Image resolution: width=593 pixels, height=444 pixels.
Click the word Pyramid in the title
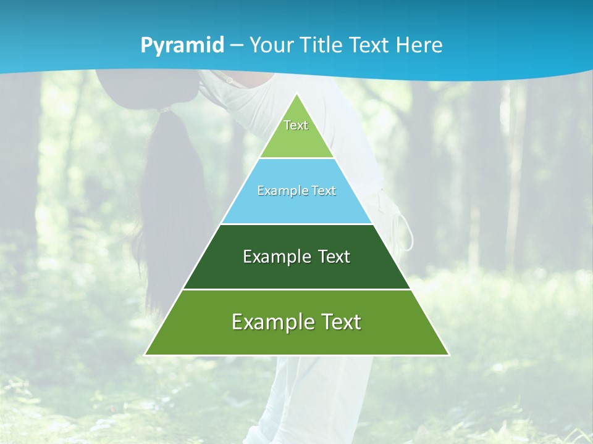[x=182, y=46]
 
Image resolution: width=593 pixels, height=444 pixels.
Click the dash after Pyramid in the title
[x=237, y=46]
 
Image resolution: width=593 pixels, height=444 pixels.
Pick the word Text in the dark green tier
[x=334, y=257]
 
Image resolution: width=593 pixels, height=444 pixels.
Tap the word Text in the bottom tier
[x=340, y=322]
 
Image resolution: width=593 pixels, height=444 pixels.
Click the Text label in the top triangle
[x=296, y=125]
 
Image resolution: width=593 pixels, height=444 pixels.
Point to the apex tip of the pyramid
[x=296, y=94]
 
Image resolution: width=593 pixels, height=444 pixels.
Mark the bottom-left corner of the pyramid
[x=146, y=355]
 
